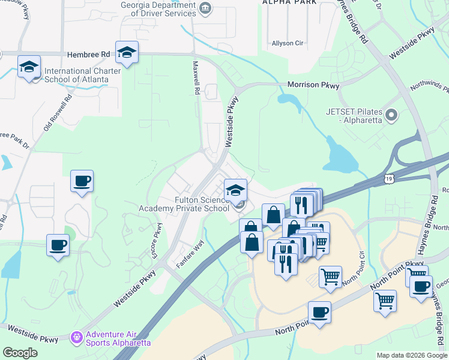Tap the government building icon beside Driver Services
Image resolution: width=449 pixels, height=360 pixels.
(206, 8)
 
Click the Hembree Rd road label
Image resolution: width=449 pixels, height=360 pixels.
(89, 54)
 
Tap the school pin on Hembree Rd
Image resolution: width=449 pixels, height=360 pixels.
(127, 53)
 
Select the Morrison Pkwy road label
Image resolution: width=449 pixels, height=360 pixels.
(313, 85)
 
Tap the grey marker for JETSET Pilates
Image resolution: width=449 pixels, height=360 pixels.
(393, 114)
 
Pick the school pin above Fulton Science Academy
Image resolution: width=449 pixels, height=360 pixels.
(236, 191)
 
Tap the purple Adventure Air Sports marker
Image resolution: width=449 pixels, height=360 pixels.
(77, 338)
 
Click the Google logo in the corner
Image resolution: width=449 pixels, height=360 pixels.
(20, 353)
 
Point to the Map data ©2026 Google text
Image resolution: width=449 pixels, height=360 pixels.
(412, 355)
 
